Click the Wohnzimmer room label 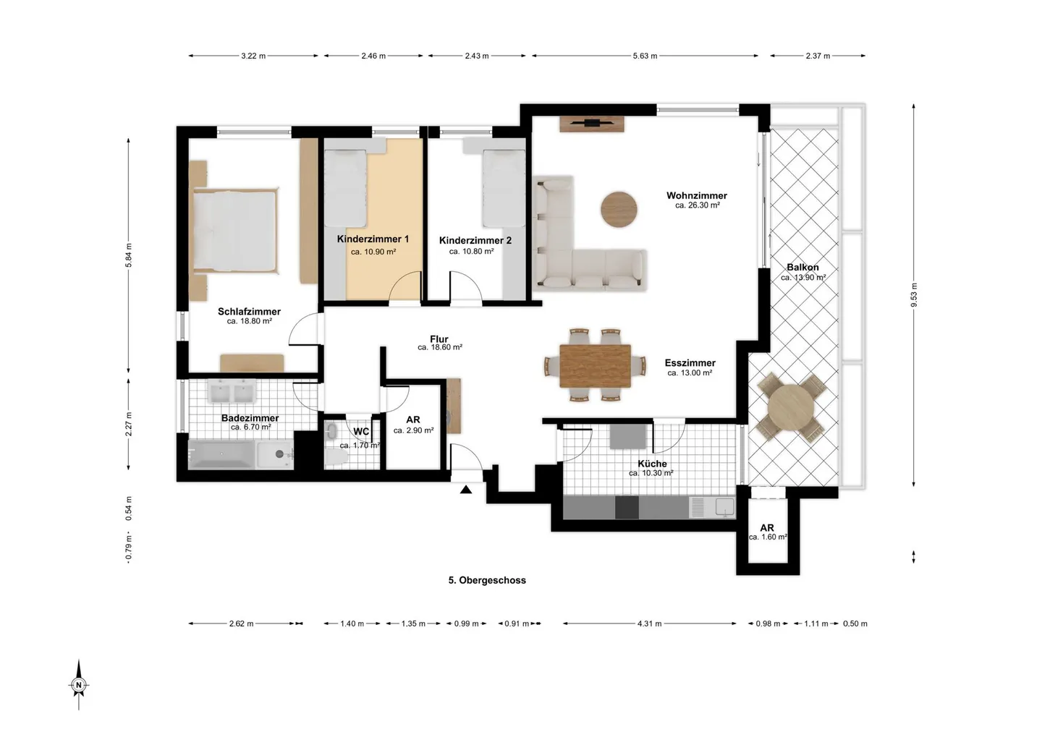pos(696,196)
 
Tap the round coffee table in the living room pos(619,210)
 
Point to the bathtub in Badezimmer pos(221,454)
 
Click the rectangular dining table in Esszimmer pos(595,366)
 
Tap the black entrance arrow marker pos(466,490)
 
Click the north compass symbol pos(79,684)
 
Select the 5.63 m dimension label pos(645,56)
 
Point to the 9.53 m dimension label pos(914,295)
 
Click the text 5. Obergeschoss pos(487,580)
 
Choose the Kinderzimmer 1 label pos(373,239)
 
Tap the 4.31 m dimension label pos(649,624)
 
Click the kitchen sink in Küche pos(724,507)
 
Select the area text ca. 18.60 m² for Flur pos(440,347)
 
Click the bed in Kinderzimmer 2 pos(504,188)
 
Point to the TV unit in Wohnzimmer pos(592,124)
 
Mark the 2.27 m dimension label pos(129,424)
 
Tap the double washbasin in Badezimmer pos(232,391)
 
